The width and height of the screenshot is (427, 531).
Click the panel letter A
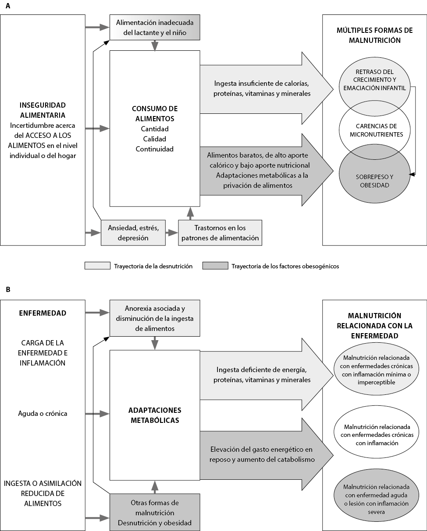8,6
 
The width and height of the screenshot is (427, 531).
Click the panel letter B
8,289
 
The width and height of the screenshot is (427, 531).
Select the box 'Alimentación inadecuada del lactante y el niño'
155,28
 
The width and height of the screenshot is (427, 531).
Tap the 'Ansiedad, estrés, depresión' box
133,233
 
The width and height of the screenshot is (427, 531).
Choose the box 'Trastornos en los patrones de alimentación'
220,233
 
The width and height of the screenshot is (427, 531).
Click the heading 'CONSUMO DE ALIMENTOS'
155,114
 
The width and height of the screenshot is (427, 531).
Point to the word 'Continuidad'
155,149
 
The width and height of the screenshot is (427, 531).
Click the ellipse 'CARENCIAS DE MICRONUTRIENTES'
374,130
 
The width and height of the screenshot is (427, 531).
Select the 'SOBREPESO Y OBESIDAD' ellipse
374,174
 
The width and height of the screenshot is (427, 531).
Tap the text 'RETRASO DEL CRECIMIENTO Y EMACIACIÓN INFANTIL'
374,80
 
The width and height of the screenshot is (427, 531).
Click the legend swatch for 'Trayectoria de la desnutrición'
97,266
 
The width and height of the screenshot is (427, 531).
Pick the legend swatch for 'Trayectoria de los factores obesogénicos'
215,266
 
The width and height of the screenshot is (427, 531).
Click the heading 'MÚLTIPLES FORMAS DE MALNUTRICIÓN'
375,35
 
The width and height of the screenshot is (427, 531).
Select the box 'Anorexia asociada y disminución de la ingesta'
155,318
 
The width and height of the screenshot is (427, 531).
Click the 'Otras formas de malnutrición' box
155,512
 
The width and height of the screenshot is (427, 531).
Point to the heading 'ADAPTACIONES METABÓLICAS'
155,415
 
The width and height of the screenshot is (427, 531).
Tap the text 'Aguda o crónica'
43,414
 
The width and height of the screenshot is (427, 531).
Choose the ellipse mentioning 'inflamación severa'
376,499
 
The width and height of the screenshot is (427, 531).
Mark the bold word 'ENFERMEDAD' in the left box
43,313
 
